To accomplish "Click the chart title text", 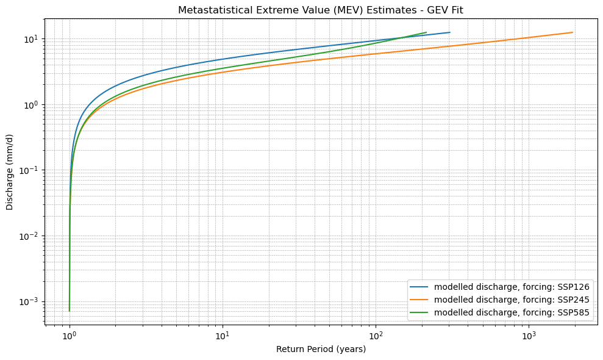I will (321, 10).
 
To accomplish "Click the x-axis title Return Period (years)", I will (321, 349).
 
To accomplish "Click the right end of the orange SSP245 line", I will (573, 32).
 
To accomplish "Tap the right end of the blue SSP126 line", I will (449, 32).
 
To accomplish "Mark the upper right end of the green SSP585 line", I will (426, 32).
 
